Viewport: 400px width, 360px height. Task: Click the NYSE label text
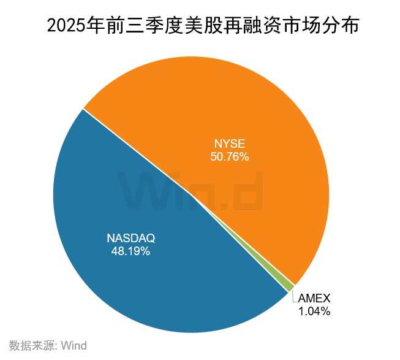pyautogui.click(x=229, y=144)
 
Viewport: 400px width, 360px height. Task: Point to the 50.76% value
pyautogui.click(x=229, y=157)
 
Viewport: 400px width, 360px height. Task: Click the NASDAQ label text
pyautogui.click(x=132, y=238)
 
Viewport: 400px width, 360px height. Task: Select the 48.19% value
pyautogui.click(x=131, y=251)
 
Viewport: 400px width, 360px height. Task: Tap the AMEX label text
pyautogui.click(x=314, y=298)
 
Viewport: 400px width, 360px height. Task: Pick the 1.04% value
pyautogui.click(x=314, y=311)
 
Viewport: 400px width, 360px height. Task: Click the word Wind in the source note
pyautogui.click(x=74, y=345)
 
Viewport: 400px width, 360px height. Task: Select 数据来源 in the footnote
pyautogui.click(x=32, y=345)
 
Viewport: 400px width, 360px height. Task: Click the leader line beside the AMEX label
pyautogui.click(x=294, y=296)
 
